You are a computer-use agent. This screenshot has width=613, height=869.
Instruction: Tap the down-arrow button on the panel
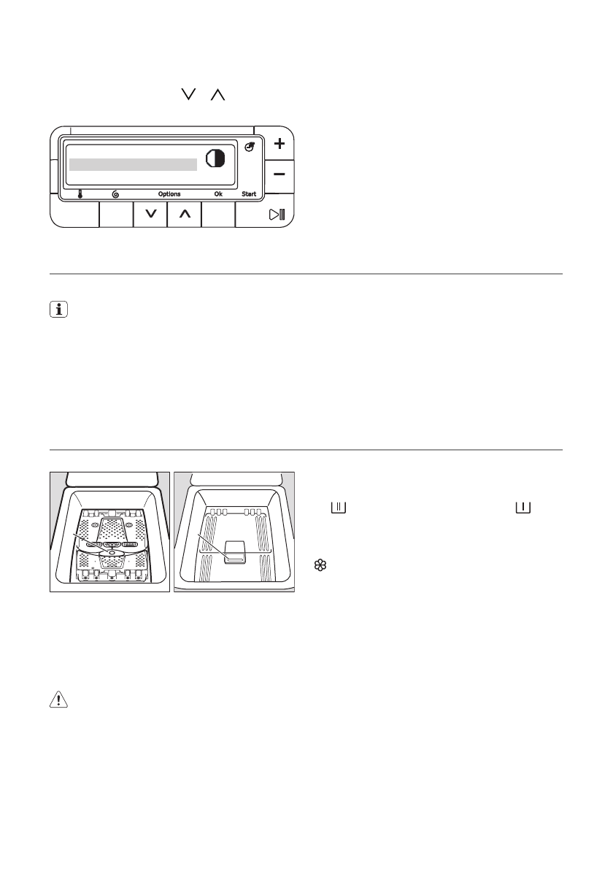coord(151,215)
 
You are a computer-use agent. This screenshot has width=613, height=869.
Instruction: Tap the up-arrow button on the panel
coord(185,215)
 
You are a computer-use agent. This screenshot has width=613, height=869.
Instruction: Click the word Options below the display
coord(169,194)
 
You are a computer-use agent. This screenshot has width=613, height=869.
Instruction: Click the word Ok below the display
coord(218,194)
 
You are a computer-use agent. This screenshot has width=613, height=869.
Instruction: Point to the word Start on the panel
coord(250,194)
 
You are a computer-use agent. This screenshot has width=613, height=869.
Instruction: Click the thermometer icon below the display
coord(80,194)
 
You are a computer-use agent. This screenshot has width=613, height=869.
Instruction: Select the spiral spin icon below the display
coord(116,194)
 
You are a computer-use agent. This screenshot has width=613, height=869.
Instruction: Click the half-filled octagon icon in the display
coord(215,158)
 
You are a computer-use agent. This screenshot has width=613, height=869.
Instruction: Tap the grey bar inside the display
coord(134,164)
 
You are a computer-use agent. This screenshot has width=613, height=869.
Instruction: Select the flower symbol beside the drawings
coord(319,564)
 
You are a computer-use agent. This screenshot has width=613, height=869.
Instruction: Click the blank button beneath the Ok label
coord(218,215)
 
